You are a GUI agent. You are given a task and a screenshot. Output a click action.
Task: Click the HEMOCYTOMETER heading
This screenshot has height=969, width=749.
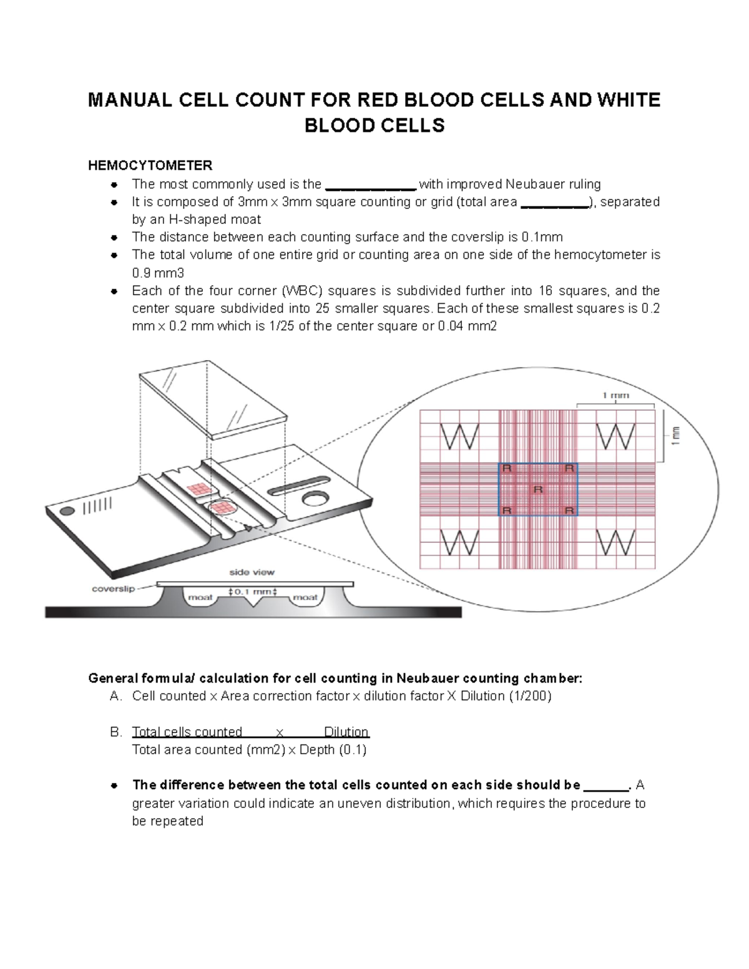click(x=150, y=165)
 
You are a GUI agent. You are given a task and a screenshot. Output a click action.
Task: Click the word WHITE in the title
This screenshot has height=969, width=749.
click(x=629, y=100)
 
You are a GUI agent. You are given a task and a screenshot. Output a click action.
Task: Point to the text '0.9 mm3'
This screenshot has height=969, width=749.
click(x=158, y=273)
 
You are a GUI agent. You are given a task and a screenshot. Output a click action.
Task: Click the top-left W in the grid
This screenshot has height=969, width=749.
click(x=459, y=437)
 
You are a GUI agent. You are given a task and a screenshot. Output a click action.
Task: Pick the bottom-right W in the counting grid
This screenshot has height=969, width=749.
click(x=615, y=543)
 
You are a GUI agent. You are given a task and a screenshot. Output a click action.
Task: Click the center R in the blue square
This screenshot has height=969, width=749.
click(x=538, y=489)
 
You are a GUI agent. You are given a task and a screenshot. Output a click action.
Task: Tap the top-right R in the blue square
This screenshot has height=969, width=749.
click(x=569, y=468)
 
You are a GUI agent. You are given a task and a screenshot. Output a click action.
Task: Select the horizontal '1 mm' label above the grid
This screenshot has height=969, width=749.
click(x=615, y=395)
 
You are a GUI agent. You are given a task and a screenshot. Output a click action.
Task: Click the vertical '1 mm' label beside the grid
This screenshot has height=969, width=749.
click(x=675, y=436)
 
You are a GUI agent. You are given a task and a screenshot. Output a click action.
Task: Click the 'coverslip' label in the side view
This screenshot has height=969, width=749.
click(x=114, y=588)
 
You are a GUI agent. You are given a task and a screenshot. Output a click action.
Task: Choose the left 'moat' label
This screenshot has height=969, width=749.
click(x=200, y=597)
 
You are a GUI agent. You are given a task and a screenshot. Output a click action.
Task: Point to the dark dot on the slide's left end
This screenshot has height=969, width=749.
click(x=67, y=511)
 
